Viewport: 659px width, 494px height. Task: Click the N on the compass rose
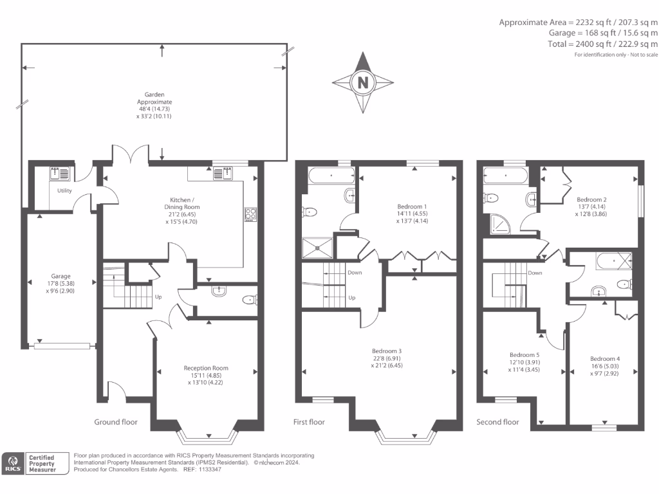click(363, 82)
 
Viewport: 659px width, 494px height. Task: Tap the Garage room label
click(61, 276)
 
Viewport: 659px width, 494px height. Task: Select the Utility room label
click(64, 191)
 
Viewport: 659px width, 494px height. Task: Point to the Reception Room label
click(206, 369)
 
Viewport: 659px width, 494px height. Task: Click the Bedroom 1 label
click(413, 206)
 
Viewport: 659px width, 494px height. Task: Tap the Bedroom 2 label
click(592, 199)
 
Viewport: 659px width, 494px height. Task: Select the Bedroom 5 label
click(524, 355)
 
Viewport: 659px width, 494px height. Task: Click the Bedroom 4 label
click(605, 358)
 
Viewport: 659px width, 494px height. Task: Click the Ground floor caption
click(116, 422)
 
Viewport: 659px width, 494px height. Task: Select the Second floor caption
click(497, 422)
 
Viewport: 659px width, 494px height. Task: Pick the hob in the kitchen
click(250, 214)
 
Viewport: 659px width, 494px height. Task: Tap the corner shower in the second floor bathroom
click(497, 223)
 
